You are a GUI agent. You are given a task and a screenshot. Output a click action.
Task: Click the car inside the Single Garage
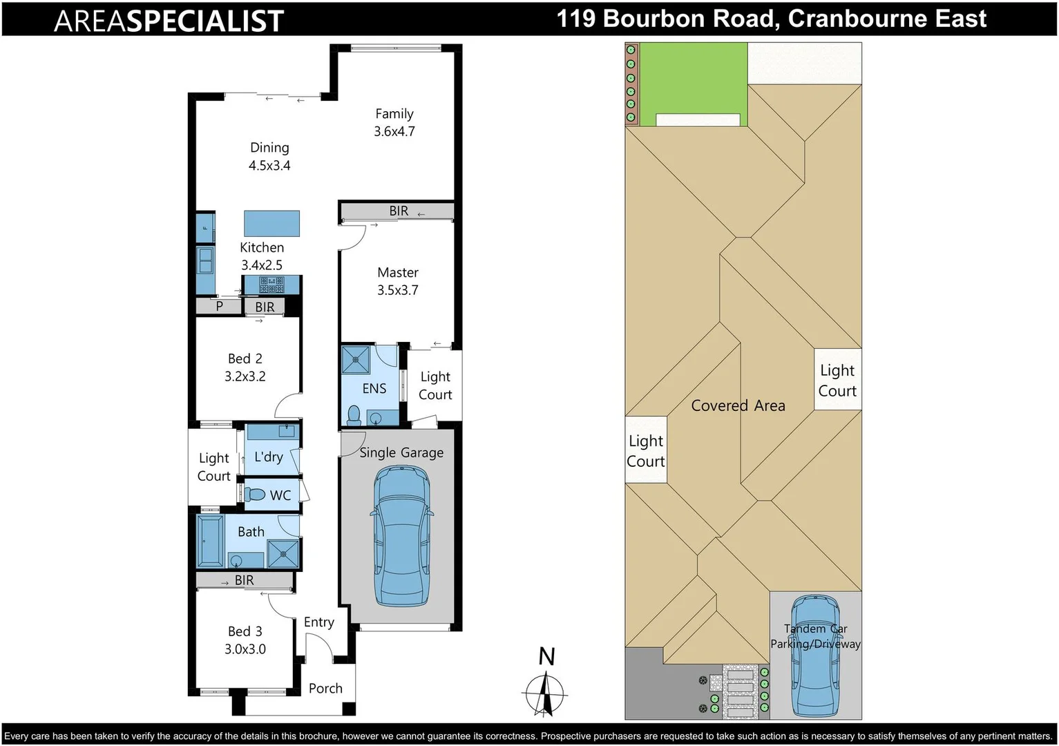(401, 535)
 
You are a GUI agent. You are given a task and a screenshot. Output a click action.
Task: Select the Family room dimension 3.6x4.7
(394, 131)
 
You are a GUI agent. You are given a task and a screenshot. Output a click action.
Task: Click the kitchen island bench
(271, 223)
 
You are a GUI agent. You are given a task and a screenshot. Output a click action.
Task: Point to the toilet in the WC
(256, 495)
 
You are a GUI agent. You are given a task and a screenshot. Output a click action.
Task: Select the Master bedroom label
(398, 273)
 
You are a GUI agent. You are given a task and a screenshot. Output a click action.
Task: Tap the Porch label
(325, 688)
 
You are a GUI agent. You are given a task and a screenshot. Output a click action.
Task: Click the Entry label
(318, 622)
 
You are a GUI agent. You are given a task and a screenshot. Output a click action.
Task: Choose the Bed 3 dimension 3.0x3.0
(245, 649)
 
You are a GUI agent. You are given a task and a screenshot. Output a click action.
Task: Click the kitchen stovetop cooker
(271, 284)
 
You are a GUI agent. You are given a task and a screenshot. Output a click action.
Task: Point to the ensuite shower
(356, 360)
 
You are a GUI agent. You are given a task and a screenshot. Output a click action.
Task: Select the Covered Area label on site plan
(738, 405)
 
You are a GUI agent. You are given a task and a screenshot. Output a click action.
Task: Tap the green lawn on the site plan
(693, 79)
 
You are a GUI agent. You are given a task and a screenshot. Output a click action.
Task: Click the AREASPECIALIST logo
(169, 21)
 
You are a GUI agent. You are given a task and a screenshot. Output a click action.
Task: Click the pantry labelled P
(219, 306)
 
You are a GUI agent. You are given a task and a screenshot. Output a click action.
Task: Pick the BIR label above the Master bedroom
(399, 211)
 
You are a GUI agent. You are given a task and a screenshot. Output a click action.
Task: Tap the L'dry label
(269, 457)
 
